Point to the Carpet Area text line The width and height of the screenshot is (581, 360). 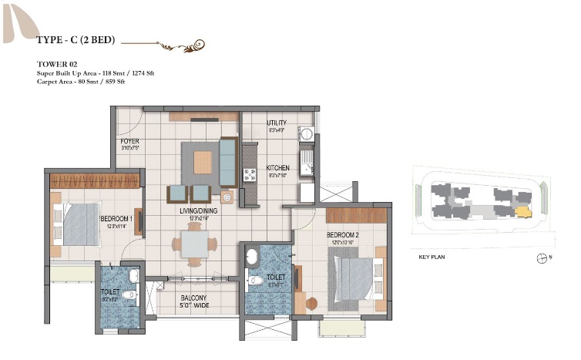tap(80, 80)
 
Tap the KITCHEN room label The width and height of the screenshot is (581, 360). tap(277, 167)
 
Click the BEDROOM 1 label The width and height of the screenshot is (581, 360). tap(117, 218)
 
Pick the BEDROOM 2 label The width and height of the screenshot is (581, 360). tap(343, 234)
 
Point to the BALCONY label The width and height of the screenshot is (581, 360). tap(193, 298)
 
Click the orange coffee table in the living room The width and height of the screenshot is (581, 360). tap(203, 161)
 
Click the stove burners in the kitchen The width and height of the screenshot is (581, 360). tap(250, 175)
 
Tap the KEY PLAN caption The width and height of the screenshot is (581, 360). tap(434, 257)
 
